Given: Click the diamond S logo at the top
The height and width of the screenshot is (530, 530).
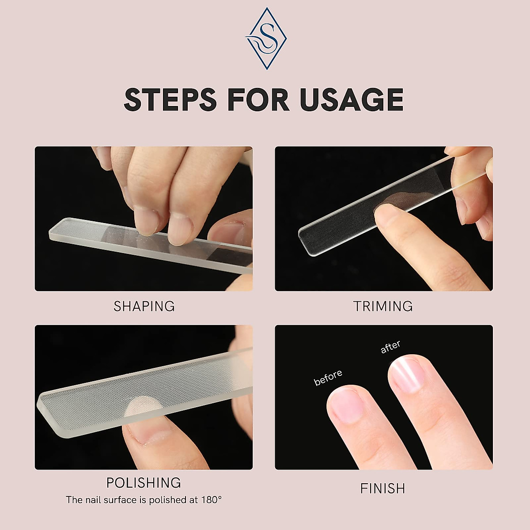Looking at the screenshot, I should coord(264,38).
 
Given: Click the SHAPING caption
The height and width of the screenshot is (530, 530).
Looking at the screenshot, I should coord(144,306).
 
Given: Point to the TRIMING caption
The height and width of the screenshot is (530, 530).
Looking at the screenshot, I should coord(383,306).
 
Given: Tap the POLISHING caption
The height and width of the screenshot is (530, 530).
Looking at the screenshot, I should coord(144,482).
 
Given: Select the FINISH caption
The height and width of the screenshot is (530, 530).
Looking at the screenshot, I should coord(382,488).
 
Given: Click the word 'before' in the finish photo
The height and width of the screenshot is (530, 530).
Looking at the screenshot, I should coord(328,378).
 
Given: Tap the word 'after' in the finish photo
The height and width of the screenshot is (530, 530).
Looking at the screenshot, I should coord(390,347).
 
